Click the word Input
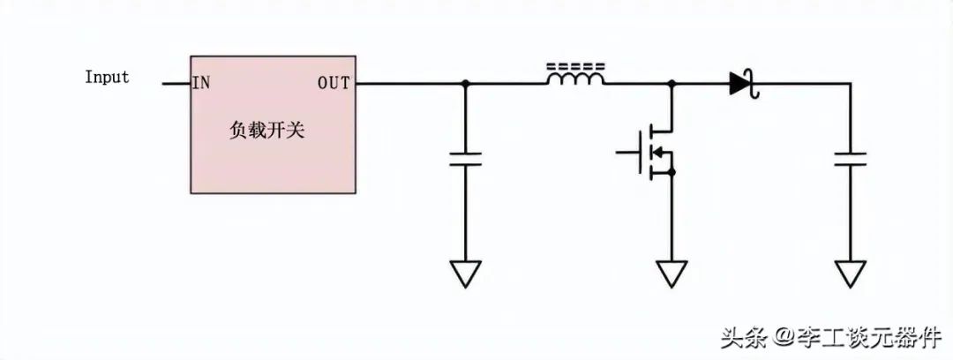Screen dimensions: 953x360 point(107,78)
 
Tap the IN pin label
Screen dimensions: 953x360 point(201,83)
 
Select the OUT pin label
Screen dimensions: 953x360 point(334,83)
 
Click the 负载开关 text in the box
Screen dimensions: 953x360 point(266,131)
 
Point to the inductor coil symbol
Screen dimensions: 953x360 point(575,78)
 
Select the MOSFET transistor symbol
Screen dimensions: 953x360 point(651,152)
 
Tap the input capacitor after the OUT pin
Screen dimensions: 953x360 point(466,160)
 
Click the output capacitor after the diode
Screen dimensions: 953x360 point(851,160)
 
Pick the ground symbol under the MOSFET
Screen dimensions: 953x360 point(672,273)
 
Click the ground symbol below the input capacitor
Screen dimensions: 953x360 point(466,273)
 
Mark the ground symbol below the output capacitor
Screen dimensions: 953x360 point(851,273)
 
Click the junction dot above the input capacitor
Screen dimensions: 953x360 point(466,83)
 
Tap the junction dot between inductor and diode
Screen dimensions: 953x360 point(672,83)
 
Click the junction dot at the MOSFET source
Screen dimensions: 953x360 point(672,173)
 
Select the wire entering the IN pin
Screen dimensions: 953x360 point(176,83)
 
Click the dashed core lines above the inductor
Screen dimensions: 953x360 point(575,65)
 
